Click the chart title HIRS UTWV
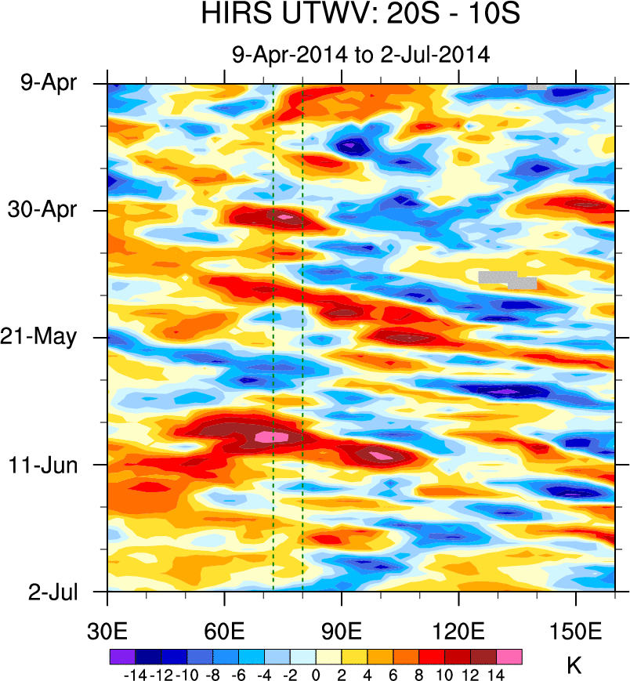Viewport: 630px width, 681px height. pos(360,15)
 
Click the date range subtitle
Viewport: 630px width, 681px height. pos(360,55)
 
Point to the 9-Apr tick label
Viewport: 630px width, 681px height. pos(49,82)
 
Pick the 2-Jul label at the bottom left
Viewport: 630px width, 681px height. pos(52,591)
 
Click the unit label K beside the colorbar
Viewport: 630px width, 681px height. pos(574,666)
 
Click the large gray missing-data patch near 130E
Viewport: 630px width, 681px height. pos(501,277)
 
